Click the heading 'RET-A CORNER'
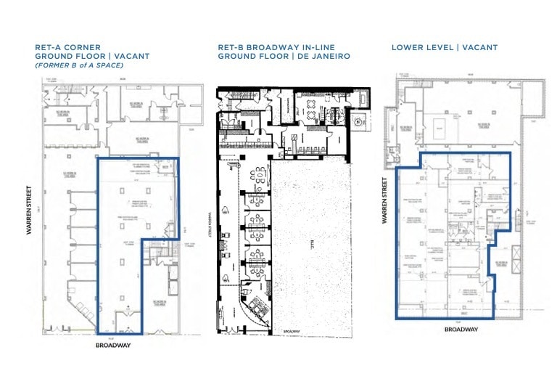pos(67,47)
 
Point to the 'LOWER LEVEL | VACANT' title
pos(445,47)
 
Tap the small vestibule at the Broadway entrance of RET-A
pos(128,320)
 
